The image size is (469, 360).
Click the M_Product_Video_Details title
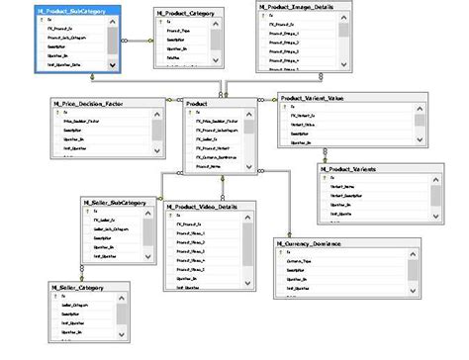tap(212, 206)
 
